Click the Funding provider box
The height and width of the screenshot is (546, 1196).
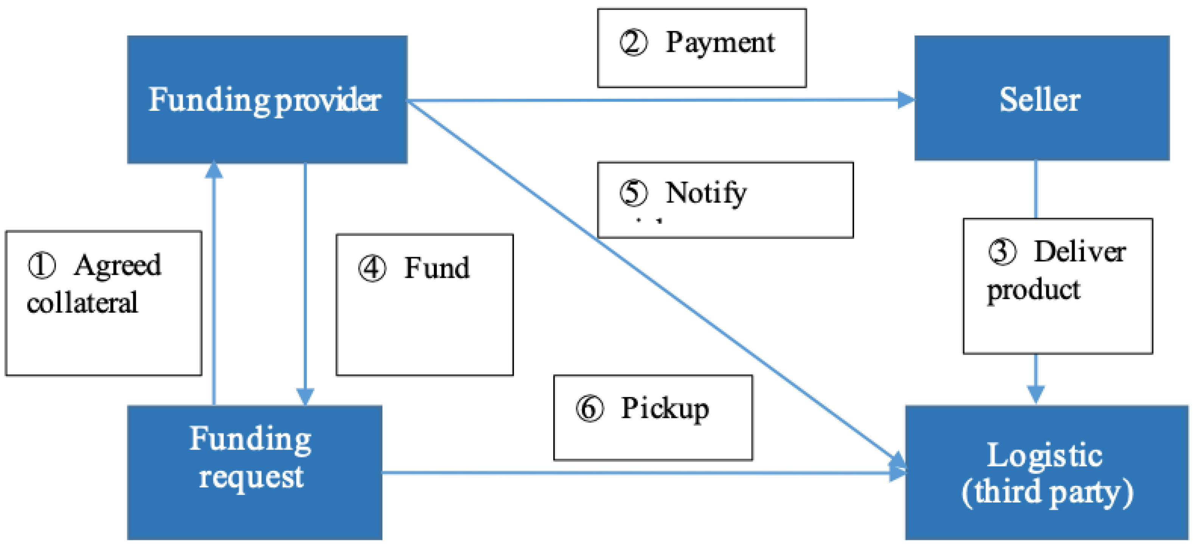(x=267, y=100)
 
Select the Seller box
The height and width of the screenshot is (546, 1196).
(x=1041, y=98)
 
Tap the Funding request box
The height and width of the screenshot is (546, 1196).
(x=255, y=472)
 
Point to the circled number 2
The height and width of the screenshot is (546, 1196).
(x=633, y=43)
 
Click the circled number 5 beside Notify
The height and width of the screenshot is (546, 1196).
(x=633, y=193)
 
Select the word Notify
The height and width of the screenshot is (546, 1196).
(x=706, y=193)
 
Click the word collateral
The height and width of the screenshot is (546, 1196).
(x=82, y=303)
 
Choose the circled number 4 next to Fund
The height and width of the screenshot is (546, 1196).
(x=372, y=269)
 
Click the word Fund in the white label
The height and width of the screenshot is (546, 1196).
(x=437, y=268)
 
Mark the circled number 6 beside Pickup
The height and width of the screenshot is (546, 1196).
(x=590, y=409)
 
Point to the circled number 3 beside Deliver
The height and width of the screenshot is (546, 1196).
(x=1002, y=252)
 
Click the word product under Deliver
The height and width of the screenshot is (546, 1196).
(x=1033, y=290)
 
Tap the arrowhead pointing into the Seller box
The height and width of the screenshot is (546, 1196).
(x=906, y=100)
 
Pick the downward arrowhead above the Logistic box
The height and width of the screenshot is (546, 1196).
(x=1036, y=394)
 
